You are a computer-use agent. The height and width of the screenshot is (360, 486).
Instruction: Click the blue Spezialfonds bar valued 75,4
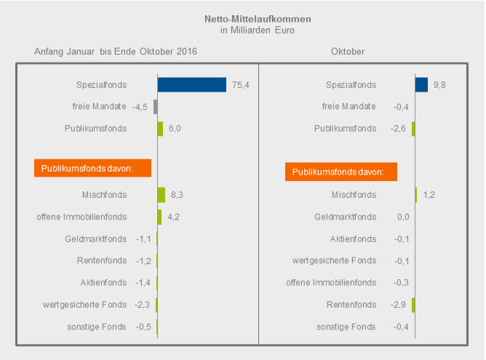tap(192, 84)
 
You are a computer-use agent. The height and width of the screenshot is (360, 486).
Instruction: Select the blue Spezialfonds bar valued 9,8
tap(421, 84)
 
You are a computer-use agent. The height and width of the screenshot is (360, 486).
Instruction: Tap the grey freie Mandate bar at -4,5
tap(156, 107)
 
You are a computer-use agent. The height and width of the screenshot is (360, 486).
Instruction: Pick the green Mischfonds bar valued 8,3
tap(162, 194)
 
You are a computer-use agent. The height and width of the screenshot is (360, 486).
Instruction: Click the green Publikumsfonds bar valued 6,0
tap(160, 129)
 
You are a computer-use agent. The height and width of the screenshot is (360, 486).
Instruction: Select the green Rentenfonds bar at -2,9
tap(413, 305)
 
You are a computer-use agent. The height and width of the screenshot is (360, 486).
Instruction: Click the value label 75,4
tap(241, 85)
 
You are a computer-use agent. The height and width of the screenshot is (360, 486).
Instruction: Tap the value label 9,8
tap(439, 85)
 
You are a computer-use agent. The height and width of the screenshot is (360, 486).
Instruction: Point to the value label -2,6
tap(398, 129)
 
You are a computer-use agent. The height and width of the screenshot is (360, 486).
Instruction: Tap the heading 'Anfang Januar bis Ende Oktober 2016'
tap(116, 52)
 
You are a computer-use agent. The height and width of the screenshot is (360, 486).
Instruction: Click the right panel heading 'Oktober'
tap(348, 52)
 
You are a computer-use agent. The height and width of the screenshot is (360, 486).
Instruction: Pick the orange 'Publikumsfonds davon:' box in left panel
tap(92, 168)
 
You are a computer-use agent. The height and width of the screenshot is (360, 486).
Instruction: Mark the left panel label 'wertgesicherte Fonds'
tap(86, 305)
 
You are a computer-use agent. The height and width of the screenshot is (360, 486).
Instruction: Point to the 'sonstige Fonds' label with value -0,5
tap(97, 327)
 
